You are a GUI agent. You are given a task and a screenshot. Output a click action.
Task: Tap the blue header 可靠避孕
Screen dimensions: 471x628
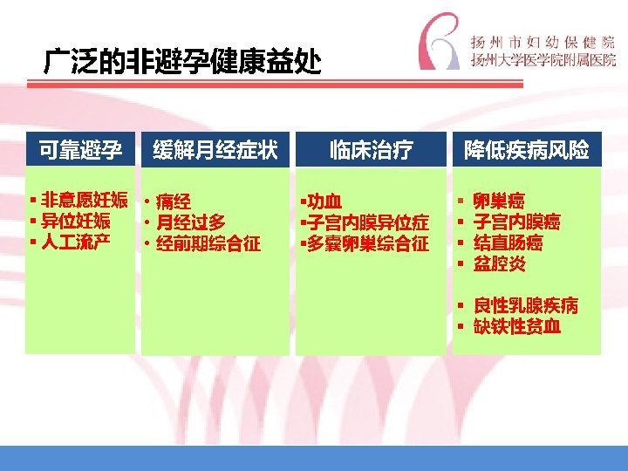tap(79, 150)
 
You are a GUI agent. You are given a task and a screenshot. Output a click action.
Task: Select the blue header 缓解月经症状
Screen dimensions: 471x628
tap(215, 150)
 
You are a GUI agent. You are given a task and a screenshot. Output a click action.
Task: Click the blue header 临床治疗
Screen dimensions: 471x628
tap(371, 150)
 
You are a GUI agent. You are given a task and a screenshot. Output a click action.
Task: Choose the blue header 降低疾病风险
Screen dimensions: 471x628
tap(526, 150)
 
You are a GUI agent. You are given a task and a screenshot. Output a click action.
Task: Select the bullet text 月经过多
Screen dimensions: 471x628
tap(190, 222)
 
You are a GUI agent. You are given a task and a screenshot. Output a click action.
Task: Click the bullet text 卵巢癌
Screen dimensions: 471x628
tap(499, 201)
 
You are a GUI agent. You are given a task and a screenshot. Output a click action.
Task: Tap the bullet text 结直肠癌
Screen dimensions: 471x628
tap(508, 242)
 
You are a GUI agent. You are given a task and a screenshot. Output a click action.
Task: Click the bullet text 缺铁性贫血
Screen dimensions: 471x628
tap(516, 326)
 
